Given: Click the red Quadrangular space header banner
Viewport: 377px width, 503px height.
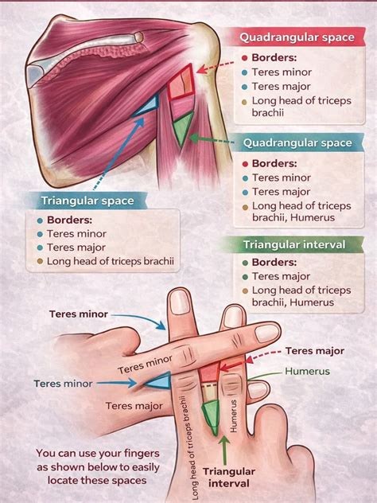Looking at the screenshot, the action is click(297, 37).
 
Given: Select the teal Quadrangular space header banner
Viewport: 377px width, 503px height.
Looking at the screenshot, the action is click(297, 142).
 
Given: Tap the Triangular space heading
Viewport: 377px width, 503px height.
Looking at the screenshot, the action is click(87, 201).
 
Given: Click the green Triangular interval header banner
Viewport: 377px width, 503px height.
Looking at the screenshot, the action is click(293, 244).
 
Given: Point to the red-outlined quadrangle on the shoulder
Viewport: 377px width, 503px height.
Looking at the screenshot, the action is click(181, 83).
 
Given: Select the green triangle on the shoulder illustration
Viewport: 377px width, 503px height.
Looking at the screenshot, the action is click(183, 127).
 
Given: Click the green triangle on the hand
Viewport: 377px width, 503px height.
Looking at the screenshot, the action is click(211, 415).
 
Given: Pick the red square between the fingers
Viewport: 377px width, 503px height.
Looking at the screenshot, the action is click(210, 372).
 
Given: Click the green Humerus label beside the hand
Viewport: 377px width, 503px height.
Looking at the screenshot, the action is click(307, 372).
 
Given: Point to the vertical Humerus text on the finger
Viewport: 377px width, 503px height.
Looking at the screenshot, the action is click(233, 415).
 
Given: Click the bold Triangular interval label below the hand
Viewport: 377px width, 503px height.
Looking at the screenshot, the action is click(229, 478).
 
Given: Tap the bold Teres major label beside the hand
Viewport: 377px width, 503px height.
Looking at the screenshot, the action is click(315, 351).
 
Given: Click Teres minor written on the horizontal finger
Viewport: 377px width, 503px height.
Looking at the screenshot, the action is click(145, 365).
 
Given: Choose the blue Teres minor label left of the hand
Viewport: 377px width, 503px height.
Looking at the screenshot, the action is click(63, 384).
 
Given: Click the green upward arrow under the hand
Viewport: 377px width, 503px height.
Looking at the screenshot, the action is click(225, 450).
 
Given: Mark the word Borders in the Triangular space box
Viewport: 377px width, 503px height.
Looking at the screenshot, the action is click(69, 220).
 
